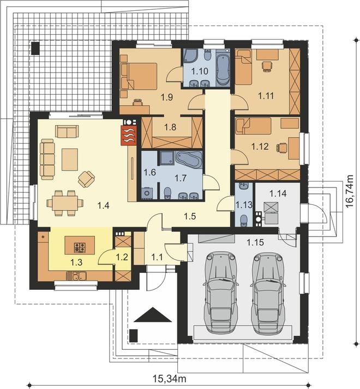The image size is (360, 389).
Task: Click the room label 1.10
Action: click(200, 71)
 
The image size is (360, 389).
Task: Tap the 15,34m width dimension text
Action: click(170, 379)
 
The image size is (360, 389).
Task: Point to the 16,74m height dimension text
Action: click(350, 191)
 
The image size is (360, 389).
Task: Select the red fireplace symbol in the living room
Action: click(129, 135)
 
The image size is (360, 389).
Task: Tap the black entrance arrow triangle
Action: click(153, 314)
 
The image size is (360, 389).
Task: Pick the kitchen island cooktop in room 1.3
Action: click(80, 247)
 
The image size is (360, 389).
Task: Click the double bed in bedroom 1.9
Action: click(142, 76)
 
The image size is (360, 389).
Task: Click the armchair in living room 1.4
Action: click(86, 179)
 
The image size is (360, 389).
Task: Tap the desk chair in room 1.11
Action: click(267, 66)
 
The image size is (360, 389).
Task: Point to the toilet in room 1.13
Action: click(244, 220)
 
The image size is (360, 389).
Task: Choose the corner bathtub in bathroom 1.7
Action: click(189, 160)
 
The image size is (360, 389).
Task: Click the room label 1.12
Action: click(260, 147)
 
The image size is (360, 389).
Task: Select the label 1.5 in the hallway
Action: click(190, 216)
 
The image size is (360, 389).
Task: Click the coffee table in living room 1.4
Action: click(70, 159)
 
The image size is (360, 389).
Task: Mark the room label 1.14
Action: click(278, 193)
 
